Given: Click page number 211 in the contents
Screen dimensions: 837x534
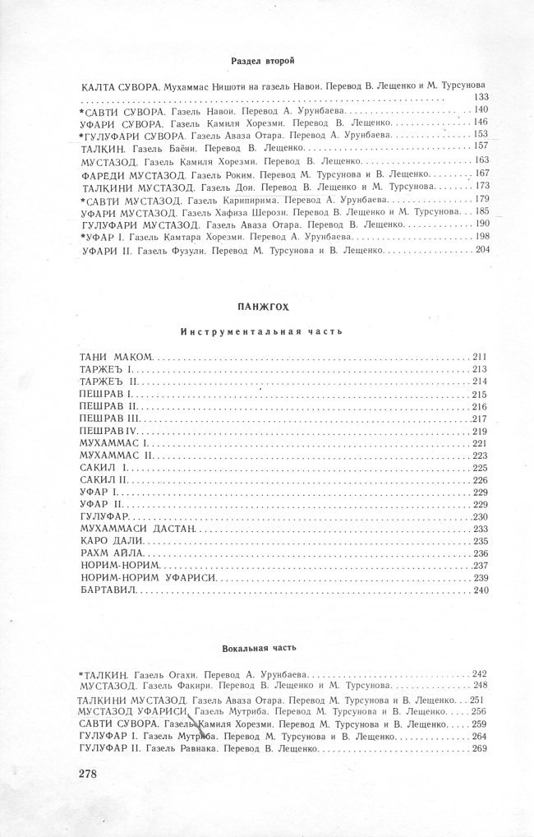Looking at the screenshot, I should click(481, 357).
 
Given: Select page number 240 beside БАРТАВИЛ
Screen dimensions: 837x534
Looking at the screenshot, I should click(481, 591).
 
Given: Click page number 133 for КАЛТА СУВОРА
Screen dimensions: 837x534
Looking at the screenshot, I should click(482, 97).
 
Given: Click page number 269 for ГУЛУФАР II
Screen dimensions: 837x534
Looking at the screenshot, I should click(481, 748).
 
